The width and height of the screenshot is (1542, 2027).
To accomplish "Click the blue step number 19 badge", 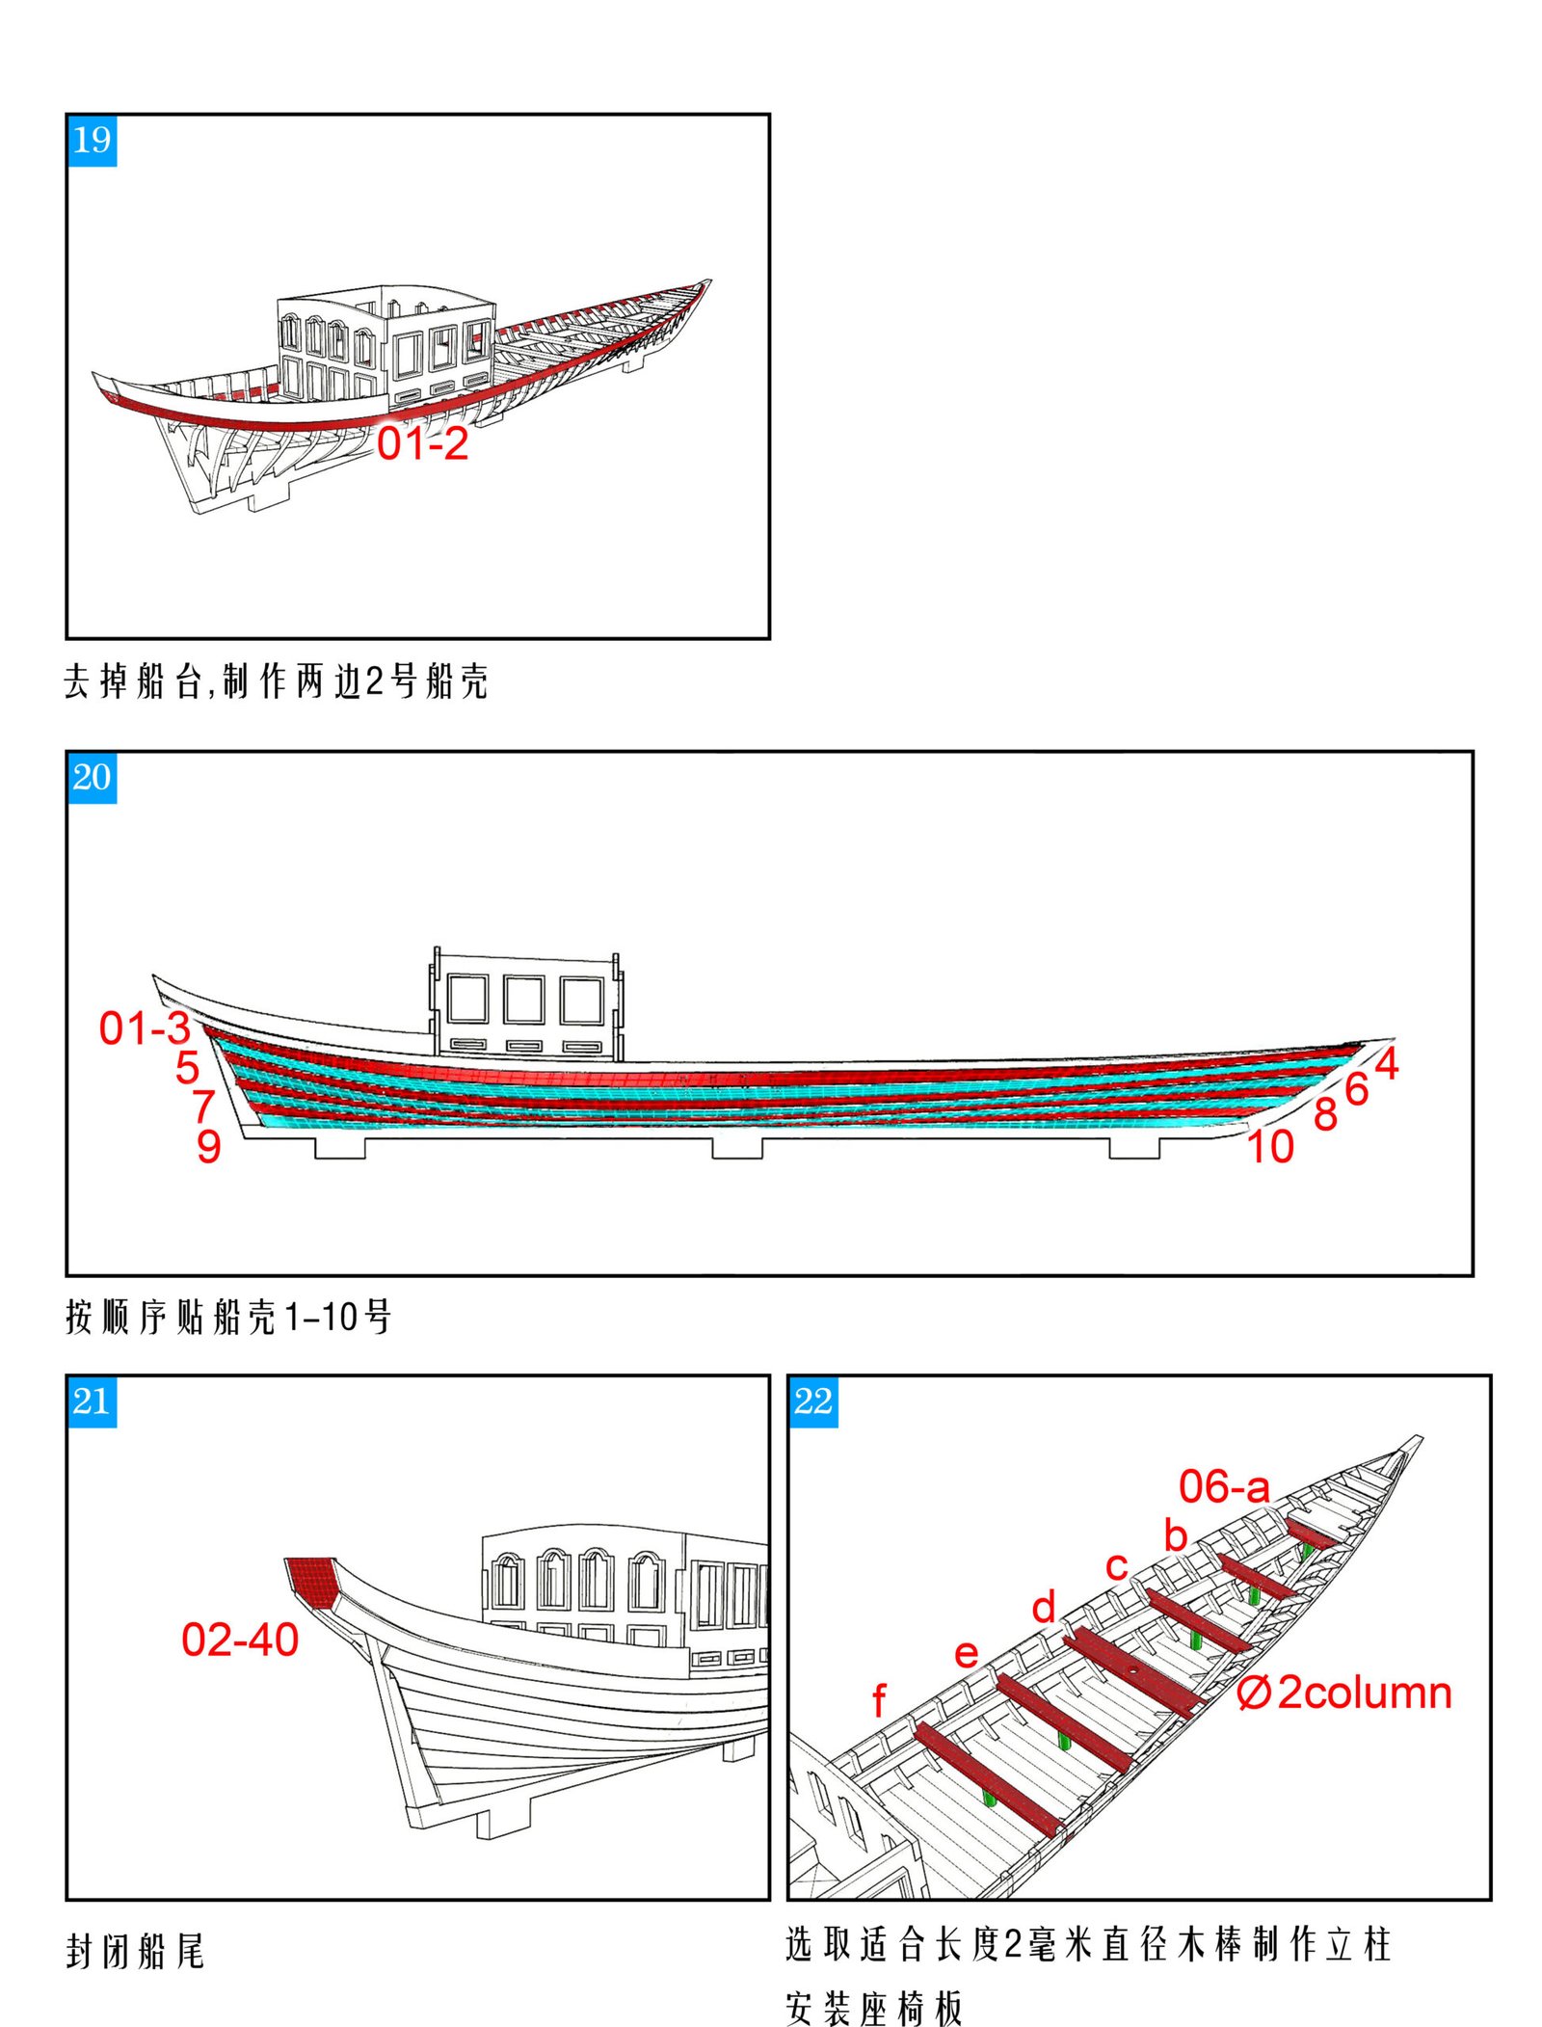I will (92, 141).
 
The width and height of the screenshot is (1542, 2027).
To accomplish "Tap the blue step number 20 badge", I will (92, 777).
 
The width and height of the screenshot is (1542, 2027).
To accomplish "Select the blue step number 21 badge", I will (92, 1400).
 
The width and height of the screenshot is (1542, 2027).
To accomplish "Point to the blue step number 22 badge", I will (812, 1400).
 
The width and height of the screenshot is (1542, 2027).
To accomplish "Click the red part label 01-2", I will (422, 444).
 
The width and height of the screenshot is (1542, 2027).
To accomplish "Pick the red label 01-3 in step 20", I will (145, 1028).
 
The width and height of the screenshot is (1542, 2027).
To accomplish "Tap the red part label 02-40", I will (240, 1640).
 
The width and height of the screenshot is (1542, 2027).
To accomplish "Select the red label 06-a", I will (1224, 1486).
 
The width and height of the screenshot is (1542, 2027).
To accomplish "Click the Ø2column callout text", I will (1344, 1693).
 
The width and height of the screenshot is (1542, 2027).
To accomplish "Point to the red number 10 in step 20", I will (1270, 1147).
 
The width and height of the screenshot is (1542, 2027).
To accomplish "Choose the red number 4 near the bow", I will (1386, 1063).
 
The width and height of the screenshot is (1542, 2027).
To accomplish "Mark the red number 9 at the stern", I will (208, 1147).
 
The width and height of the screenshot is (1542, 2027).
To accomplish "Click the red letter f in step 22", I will (878, 1701).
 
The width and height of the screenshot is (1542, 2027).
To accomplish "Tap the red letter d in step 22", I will (1044, 1607).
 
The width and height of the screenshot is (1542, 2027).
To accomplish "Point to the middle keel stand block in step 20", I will (737, 1147).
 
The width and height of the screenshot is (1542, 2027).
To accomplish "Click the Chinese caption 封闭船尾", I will (135, 1951).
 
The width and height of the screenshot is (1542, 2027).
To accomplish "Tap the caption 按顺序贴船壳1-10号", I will (228, 1317).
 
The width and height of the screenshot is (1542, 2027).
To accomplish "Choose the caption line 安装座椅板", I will (873, 2008).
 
